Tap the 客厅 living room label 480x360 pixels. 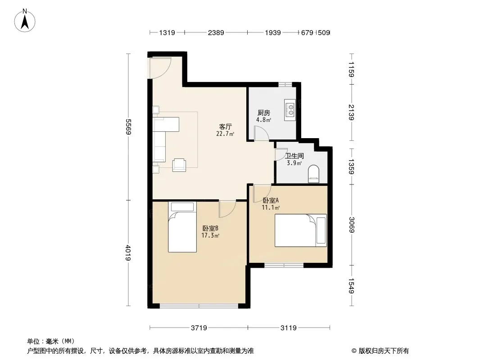pos(225,127)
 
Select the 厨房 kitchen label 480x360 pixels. pos(263,113)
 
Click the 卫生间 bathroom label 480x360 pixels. pos(294,156)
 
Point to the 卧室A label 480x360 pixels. pos(271,201)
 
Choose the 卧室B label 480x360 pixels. pos(210,228)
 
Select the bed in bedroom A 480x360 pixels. pos(300,230)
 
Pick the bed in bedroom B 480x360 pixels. pos(182,227)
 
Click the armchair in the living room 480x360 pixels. pos(180,165)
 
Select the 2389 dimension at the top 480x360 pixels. pos(216,32)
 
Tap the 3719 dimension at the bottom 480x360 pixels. pos(199,328)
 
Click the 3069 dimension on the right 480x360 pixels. pos(351,224)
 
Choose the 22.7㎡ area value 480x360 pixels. pos(225,134)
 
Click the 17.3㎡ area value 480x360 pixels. pos(210,235)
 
